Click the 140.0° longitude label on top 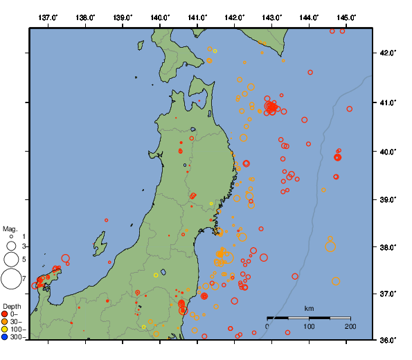point(160,17)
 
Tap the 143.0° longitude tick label point(272,17)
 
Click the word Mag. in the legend point(10,228)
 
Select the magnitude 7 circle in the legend point(10,279)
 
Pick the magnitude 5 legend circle point(11,259)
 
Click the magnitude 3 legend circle point(11,246)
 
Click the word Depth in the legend point(11,305)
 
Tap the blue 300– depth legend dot point(5,337)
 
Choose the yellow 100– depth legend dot point(5,330)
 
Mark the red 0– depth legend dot point(5,314)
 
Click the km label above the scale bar point(309,308)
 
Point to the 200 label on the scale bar point(350,326)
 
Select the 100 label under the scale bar point(309,326)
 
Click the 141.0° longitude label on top point(197,17)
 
